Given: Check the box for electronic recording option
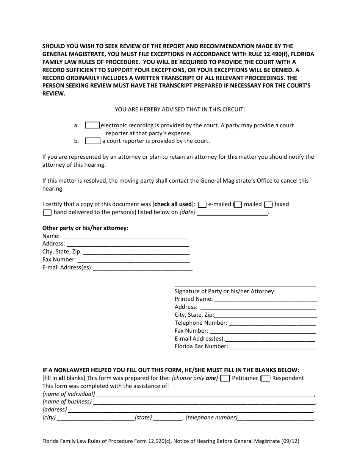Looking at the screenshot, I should coord(92,125).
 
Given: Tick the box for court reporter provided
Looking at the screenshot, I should coord(92,141).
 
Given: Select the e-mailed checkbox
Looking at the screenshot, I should coord(202,205).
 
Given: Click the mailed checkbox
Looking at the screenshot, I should coord(238,205).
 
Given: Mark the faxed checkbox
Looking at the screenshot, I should coord(268,205).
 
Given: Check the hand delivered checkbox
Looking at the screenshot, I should coord(47,213).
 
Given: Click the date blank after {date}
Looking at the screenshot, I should coord(232,212).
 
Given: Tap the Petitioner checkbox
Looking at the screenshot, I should coord(225,378).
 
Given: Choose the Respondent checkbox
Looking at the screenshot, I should coord(266,378).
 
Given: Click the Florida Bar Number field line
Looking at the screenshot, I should coord(273,346).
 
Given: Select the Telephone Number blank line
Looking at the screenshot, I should coord(272,323).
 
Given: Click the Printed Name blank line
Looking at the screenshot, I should coord(265,299).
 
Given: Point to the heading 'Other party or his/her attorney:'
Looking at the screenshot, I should coord(85,228).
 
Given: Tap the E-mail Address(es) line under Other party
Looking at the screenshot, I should coord(142,268).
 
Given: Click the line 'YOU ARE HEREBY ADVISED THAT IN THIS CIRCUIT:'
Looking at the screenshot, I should coord(180,109).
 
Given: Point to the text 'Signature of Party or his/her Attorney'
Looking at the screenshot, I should coord(224,291).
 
